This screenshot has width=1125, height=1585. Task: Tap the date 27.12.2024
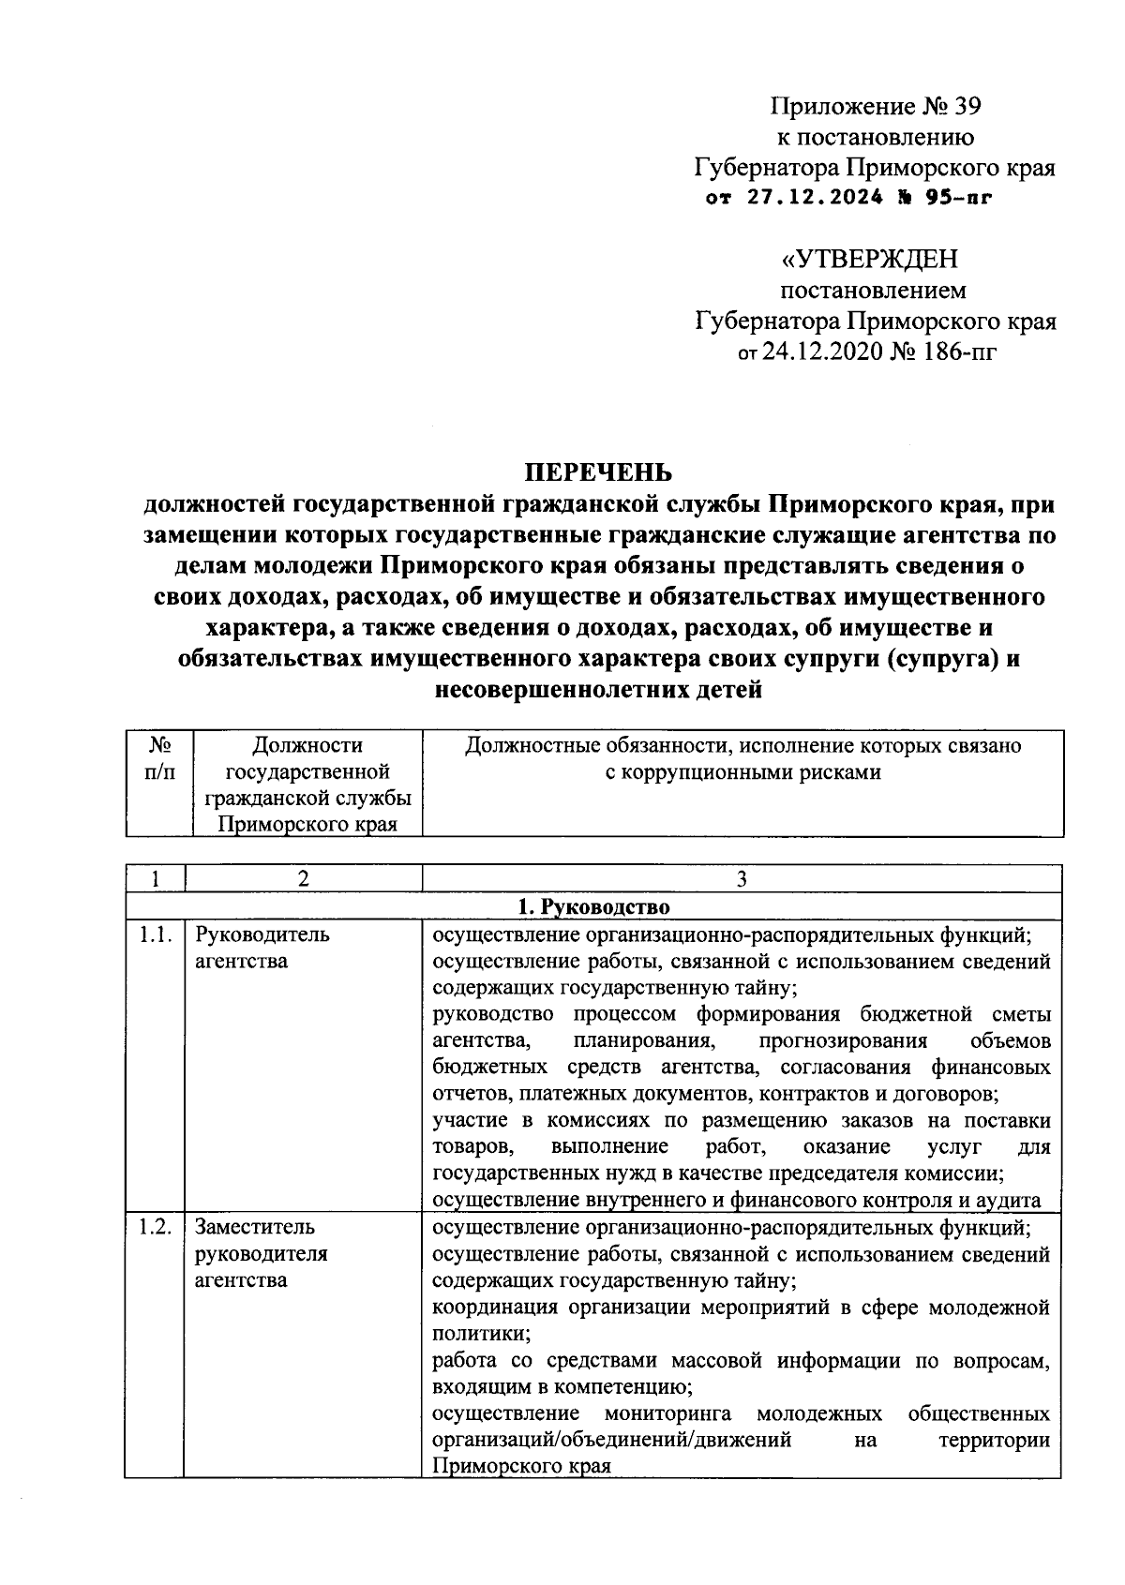(x=816, y=198)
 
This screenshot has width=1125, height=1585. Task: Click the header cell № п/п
(x=158, y=758)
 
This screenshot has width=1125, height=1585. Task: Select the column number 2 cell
(x=303, y=878)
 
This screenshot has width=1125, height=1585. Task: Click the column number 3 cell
(x=742, y=878)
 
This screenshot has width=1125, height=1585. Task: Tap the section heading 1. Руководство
(x=593, y=906)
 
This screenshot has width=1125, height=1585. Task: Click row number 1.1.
(x=156, y=935)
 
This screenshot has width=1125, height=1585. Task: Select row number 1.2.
(x=156, y=1227)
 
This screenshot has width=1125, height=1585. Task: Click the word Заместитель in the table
(x=254, y=1227)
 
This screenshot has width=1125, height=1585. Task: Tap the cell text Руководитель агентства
(x=262, y=948)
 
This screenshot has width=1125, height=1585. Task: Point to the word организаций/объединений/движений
(x=612, y=1439)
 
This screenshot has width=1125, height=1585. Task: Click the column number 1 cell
(x=156, y=878)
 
